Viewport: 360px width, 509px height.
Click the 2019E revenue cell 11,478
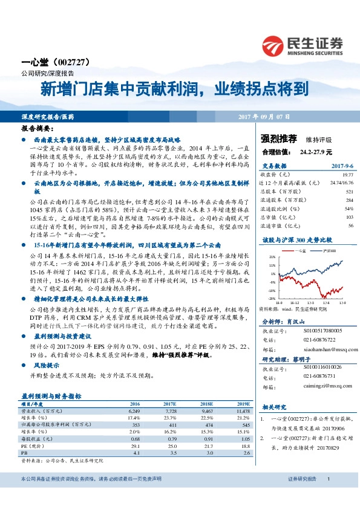(241, 410)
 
